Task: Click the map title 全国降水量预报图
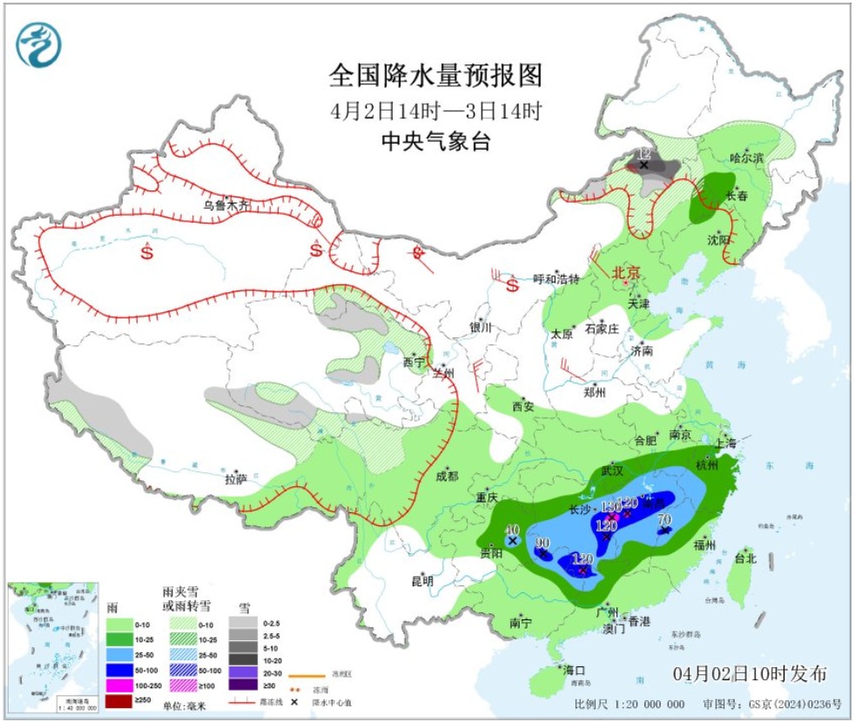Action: point(435,76)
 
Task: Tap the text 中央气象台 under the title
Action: point(435,142)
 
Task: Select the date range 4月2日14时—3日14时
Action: point(436,111)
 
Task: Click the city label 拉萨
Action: point(237,478)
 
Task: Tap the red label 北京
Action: point(626,272)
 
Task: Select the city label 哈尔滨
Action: point(746,158)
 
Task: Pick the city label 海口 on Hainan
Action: point(574,670)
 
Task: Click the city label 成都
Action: point(446,476)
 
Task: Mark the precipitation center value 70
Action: point(664,521)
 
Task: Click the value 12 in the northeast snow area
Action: point(644,153)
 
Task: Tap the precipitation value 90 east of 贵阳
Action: point(542,543)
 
